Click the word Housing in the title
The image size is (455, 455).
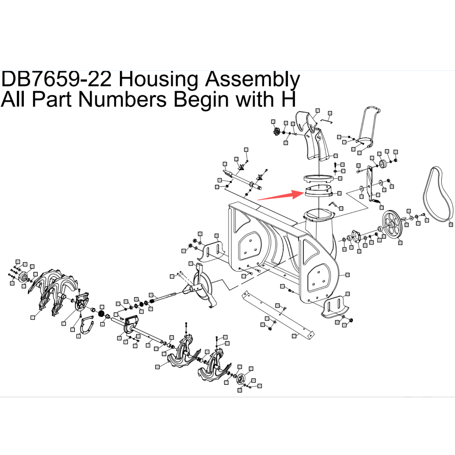pyautogui.click(x=158, y=79)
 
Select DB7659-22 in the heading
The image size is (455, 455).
pyautogui.click(x=56, y=79)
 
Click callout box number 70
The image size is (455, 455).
pyautogui.click(x=273, y=122)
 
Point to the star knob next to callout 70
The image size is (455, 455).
pyautogui.click(x=276, y=132)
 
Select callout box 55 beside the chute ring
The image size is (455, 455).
pyautogui.click(x=340, y=193)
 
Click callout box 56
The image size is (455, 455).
pyautogui.click(x=340, y=178)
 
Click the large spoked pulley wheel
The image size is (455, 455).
pyautogui.click(x=392, y=225)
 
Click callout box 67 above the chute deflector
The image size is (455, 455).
pyautogui.click(x=318, y=110)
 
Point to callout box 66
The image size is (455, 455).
pyautogui.click(x=330, y=113)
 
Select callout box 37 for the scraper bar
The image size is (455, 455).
pyautogui.click(x=294, y=336)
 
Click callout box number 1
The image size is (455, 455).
pyautogui.click(x=33, y=318)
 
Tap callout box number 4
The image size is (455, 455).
pyautogui.click(x=78, y=336)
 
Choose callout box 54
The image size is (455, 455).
pyautogui.click(x=341, y=208)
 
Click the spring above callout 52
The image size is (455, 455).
pyautogui.click(x=376, y=201)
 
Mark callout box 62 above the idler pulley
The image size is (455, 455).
pyautogui.click(x=379, y=154)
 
